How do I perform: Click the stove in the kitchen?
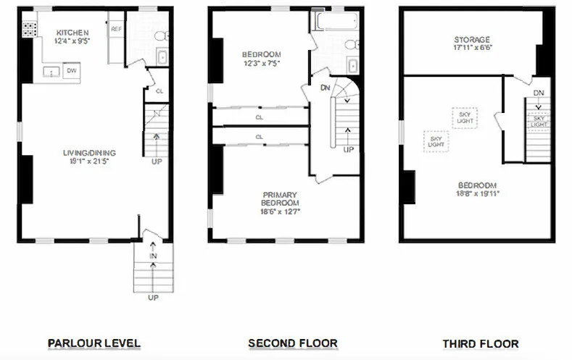click(x=30, y=30)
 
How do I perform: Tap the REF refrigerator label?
click(x=116, y=29)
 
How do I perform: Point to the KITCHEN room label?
click(x=72, y=33)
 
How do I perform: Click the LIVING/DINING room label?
click(x=89, y=153)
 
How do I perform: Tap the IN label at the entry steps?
click(x=153, y=256)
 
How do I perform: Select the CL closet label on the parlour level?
click(x=158, y=91)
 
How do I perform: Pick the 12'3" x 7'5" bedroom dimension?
click(x=261, y=63)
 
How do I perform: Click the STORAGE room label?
click(x=472, y=39)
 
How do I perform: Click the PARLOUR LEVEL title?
click(x=94, y=343)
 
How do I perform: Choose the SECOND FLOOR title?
click(x=293, y=343)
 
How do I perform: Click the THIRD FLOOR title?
click(x=481, y=343)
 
